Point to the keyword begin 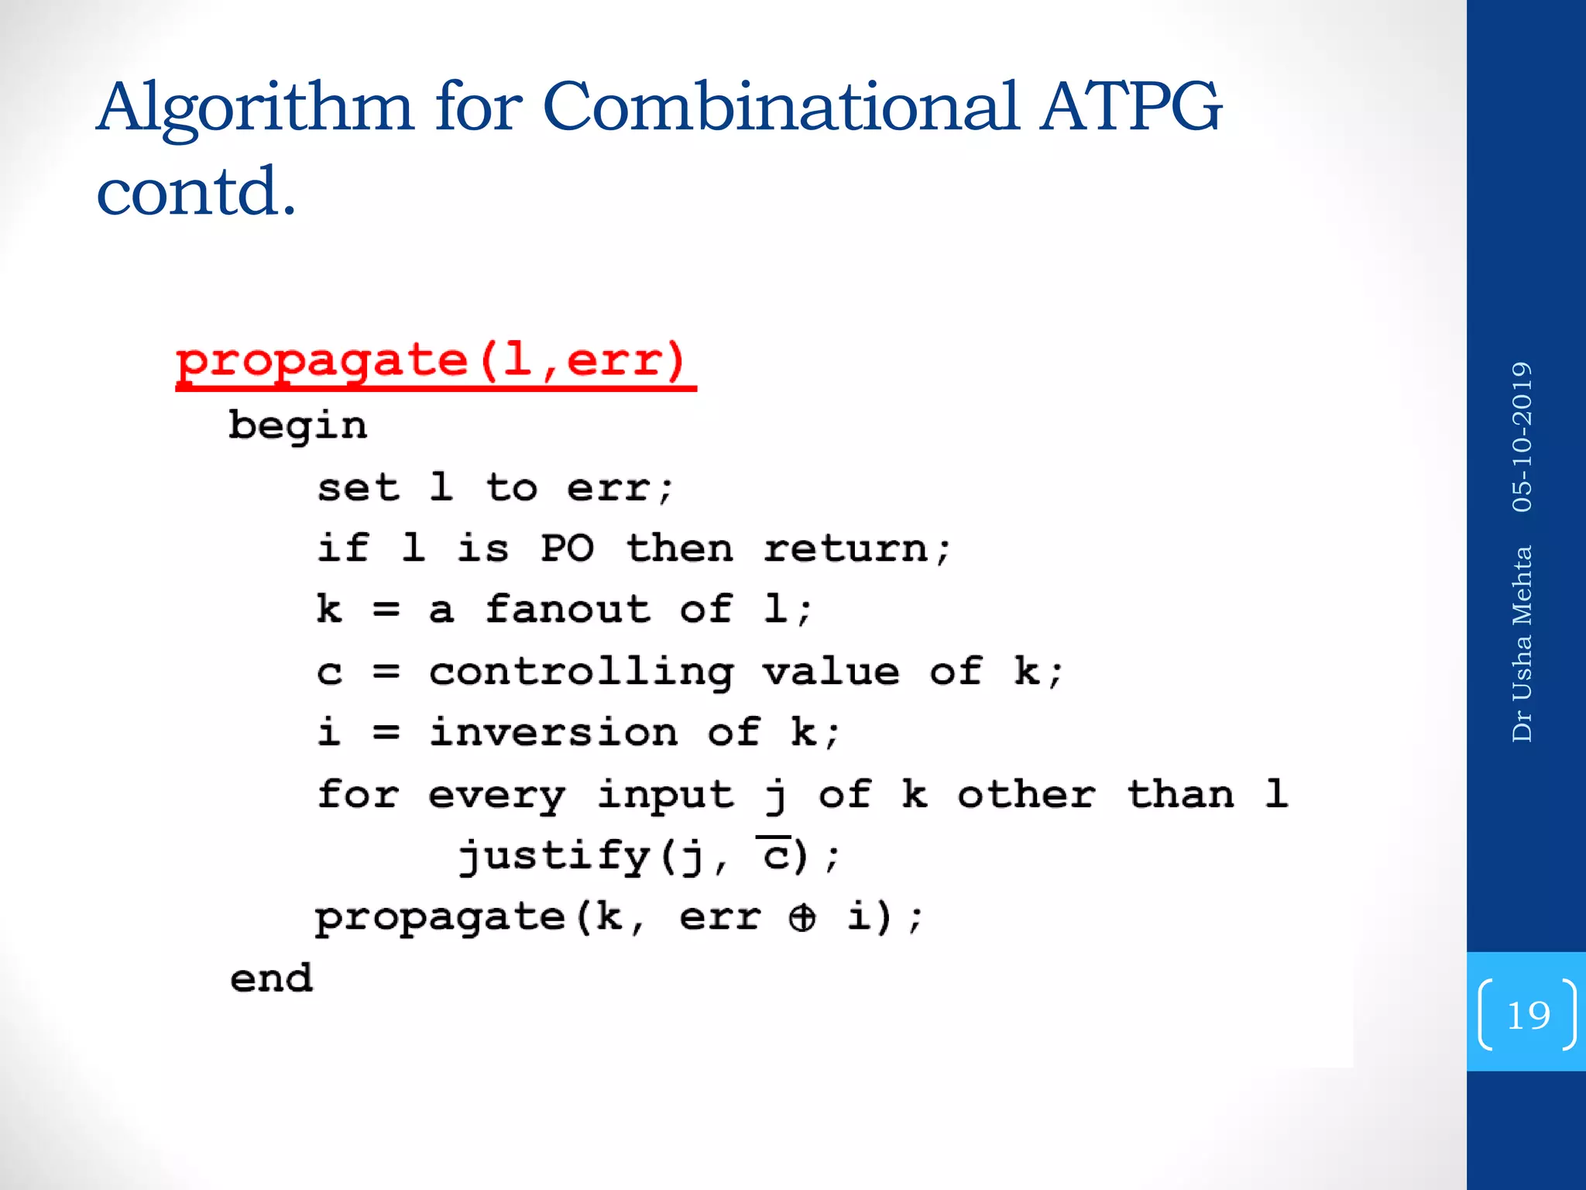[x=297, y=426]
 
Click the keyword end [x=271, y=978]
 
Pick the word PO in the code [x=567, y=549]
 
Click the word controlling [x=581, y=672]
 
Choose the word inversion [x=554, y=732]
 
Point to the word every [x=497, y=795]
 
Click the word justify [x=554, y=857]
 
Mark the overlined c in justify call [x=774, y=855]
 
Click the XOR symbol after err [x=802, y=918]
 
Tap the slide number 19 [x=1528, y=1015]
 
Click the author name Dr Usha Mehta [x=1522, y=644]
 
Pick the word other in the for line [x=1026, y=795]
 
